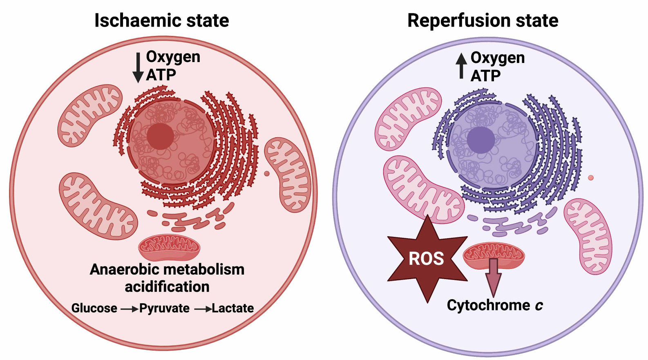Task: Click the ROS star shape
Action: (427, 259)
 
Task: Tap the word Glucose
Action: (94, 308)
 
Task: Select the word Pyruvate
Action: (164, 308)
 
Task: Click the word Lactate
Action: (232, 308)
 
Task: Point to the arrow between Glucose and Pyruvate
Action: (129, 309)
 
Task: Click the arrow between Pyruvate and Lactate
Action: (202, 309)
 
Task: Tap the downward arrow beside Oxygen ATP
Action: (138, 68)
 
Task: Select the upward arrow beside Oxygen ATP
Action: (461, 66)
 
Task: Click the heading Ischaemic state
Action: (161, 20)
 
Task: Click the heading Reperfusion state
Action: (483, 20)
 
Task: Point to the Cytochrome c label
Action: (494, 305)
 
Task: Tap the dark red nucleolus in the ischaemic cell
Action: (160, 136)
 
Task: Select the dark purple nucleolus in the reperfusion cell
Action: (481, 140)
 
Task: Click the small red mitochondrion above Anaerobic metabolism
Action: (169, 247)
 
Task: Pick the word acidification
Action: (167, 287)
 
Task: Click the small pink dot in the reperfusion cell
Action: (591, 178)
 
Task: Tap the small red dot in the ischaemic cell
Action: (267, 174)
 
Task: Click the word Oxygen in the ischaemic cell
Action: (173, 57)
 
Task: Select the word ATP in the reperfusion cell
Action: (485, 76)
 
